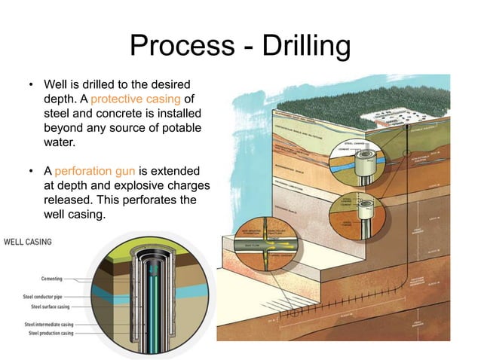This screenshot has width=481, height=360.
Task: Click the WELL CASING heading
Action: click(x=29, y=243)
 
